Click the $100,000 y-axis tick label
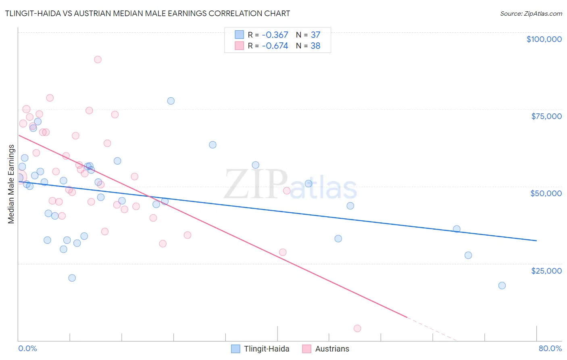544,39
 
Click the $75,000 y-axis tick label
546,116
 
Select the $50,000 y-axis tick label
546,193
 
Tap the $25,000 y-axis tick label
546,270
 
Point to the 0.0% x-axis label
27,348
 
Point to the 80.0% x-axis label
550,348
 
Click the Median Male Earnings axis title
11,184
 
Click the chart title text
148,13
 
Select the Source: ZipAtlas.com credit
531,14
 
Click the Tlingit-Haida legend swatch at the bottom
236,349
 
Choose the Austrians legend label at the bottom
332,349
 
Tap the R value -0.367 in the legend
275,35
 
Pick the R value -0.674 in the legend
275,46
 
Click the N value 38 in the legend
315,46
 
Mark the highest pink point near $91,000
98,60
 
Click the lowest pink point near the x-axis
357,329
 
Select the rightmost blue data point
502,286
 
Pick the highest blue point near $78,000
171,101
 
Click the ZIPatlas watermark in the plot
290,185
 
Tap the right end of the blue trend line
536,241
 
